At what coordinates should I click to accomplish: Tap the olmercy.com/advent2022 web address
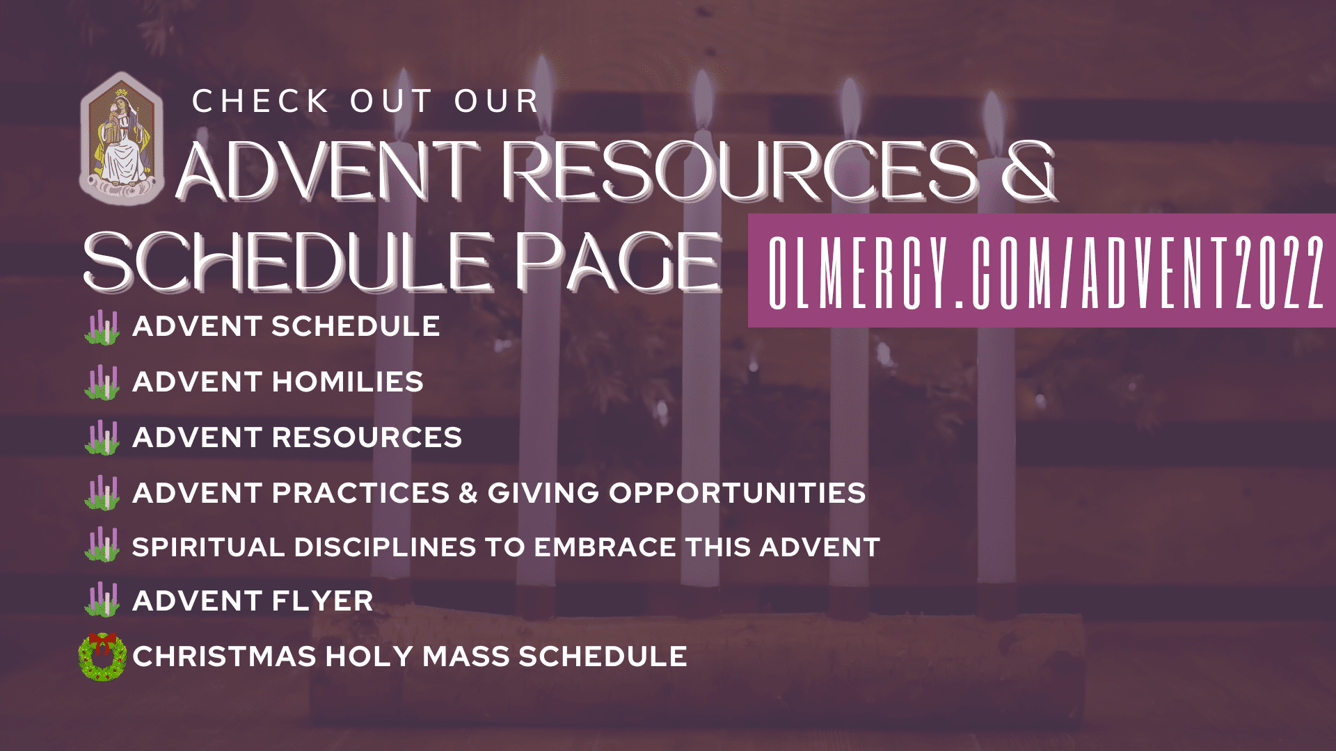[1046, 272]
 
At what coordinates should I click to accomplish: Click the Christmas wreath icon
[102, 656]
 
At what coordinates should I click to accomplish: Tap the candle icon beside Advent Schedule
[102, 327]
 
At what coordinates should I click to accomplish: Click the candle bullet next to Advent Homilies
[102, 382]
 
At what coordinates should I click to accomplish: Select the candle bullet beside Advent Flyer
[102, 600]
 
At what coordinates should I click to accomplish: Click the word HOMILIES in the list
[347, 382]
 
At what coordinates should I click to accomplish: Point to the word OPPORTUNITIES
[738, 493]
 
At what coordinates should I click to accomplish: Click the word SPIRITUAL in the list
[208, 547]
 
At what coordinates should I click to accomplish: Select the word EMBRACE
[605, 547]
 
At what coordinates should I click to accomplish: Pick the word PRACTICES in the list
[360, 493]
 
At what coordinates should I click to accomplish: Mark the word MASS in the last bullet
[466, 656]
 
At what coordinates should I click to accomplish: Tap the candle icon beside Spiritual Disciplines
[102, 545]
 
